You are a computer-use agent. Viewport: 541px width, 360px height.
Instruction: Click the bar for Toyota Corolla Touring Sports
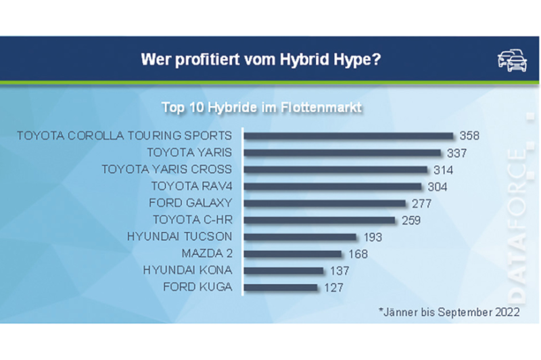[348, 136]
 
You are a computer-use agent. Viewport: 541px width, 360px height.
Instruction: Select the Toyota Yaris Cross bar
[335, 169]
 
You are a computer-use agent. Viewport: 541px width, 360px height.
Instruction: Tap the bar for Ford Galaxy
[325, 203]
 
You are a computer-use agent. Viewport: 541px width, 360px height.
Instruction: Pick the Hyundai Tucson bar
[300, 237]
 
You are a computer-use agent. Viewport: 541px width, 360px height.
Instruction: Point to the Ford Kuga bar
[281, 288]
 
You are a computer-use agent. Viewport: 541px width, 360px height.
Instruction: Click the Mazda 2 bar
[293, 254]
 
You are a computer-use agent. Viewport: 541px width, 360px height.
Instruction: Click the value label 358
[469, 136]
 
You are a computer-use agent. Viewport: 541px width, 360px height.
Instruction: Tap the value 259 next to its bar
[410, 220]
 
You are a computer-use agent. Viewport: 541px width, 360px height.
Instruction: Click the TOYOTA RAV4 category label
[192, 186]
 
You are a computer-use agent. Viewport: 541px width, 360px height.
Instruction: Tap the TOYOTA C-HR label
[192, 220]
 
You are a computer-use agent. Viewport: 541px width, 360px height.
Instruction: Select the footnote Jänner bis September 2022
[449, 312]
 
